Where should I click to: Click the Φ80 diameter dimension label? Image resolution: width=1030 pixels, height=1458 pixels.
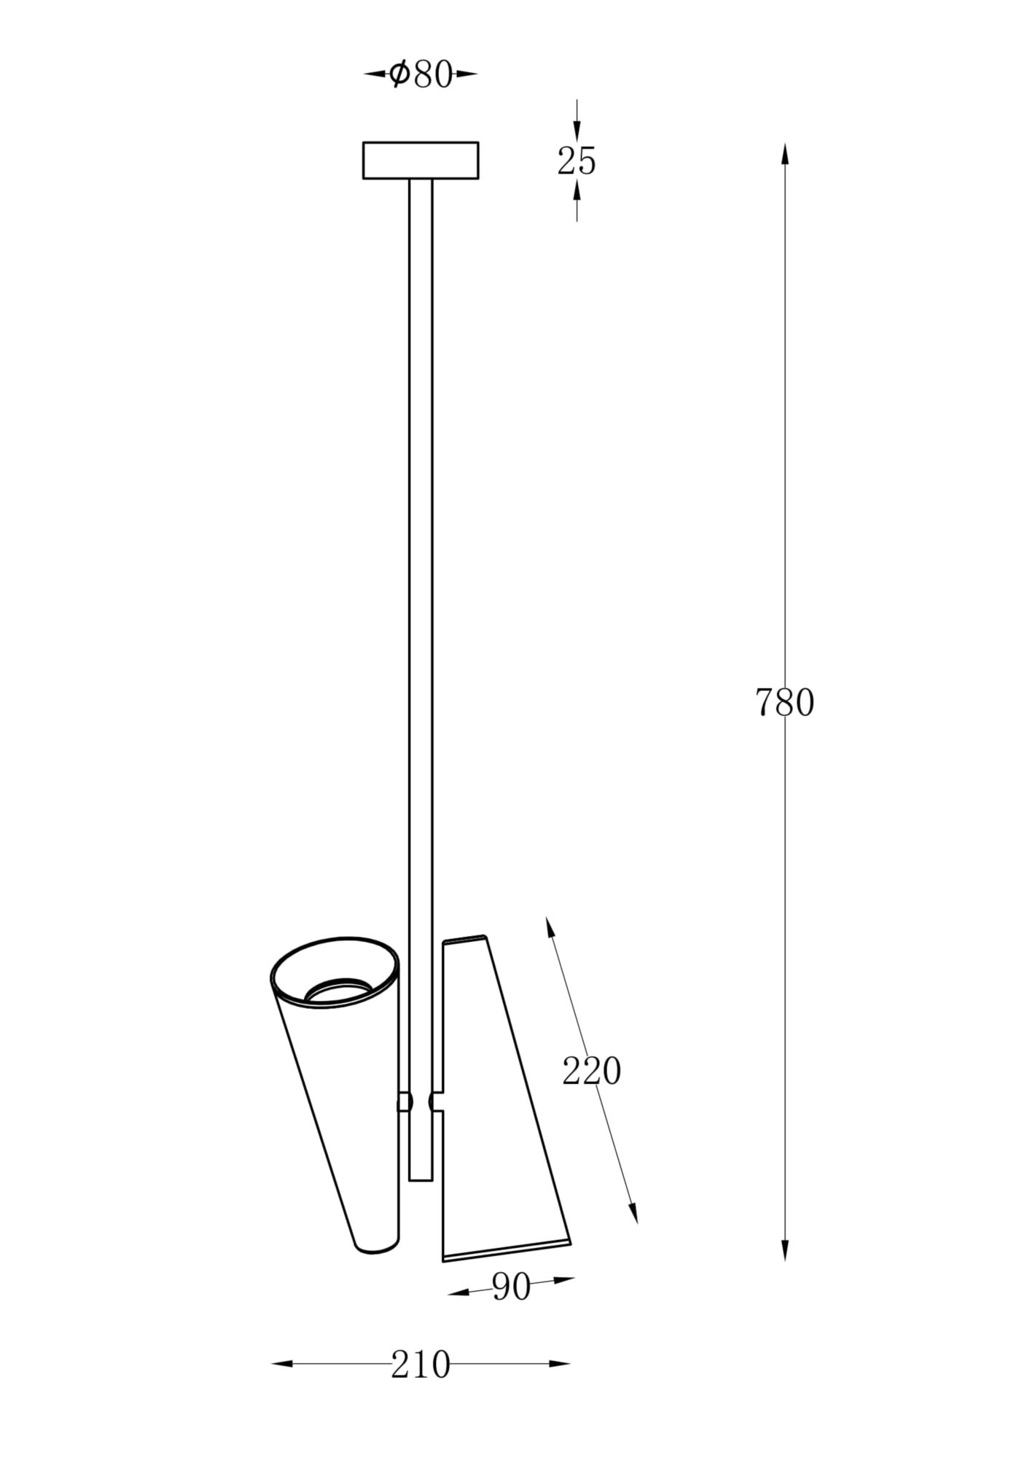click(x=421, y=74)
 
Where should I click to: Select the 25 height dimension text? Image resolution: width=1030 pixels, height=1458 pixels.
click(x=577, y=160)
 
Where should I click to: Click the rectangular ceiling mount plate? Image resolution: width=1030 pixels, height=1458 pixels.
click(x=421, y=160)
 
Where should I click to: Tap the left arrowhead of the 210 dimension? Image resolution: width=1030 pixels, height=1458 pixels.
click(x=281, y=1363)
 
